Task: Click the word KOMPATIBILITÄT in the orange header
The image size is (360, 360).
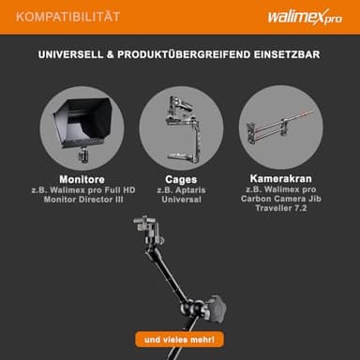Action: tap(67, 17)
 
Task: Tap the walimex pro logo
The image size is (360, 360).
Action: tap(305, 17)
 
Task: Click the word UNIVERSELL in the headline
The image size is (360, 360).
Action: tap(70, 54)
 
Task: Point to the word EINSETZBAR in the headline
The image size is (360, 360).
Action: tap(287, 54)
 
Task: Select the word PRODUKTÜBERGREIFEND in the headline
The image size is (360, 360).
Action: tap(184, 54)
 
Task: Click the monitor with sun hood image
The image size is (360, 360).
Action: tap(83, 126)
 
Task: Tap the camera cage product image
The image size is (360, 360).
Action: tap(182, 128)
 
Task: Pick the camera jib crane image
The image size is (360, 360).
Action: tap(279, 127)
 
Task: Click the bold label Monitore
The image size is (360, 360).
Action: tap(82, 179)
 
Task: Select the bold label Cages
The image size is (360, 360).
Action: tap(181, 180)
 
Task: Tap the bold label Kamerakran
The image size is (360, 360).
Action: tap(280, 179)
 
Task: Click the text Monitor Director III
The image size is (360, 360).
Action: tap(83, 200)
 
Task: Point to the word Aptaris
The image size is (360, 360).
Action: tap(190, 190)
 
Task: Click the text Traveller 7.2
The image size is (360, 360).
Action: tap(281, 208)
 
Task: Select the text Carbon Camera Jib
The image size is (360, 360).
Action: tap(281, 199)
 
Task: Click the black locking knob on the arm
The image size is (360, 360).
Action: tap(217, 308)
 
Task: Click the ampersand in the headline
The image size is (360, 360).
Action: tap(110, 54)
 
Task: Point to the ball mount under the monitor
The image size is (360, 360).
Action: tap(83, 155)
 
